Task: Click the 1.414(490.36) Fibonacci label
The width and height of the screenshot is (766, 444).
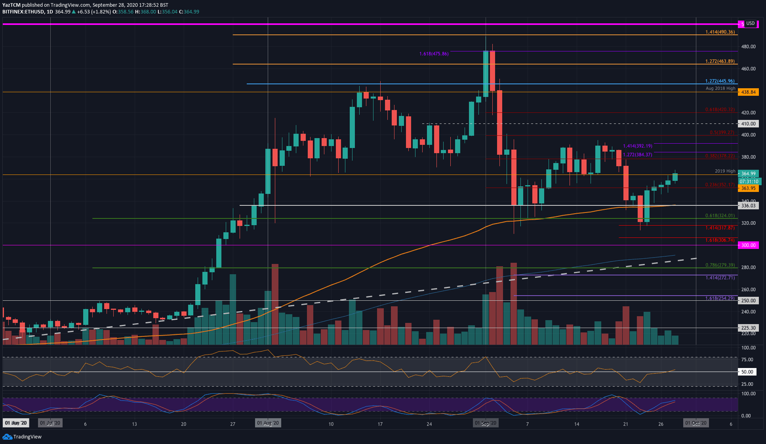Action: click(x=720, y=32)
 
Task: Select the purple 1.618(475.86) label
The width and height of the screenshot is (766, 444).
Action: click(x=434, y=54)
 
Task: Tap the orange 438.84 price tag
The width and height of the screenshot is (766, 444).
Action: click(x=748, y=92)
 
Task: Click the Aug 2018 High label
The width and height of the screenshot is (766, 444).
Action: click(x=720, y=88)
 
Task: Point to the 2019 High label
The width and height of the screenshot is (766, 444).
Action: click(x=725, y=171)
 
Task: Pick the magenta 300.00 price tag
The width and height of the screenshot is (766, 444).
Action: click(x=748, y=245)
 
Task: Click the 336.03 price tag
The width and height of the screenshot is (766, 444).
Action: click(x=748, y=205)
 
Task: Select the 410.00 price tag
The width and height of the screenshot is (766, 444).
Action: click(x=748, y=124)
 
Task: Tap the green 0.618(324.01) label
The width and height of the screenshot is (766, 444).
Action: click(x=720, y=216)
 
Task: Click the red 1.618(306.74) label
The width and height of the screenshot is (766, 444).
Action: click(x=720, y=240)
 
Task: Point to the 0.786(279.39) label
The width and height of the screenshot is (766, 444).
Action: click(x=720, y=265)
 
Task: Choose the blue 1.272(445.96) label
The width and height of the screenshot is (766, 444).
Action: click(x=720, y=81)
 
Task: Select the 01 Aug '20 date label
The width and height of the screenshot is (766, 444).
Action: click(x=268, y=423)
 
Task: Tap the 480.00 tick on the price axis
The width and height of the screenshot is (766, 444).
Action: click(x=748, y=47)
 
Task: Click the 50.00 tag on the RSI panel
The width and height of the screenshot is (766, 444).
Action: click(x=747, y=372)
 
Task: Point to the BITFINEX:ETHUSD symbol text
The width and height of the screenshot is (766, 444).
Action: click(x=23, y=12)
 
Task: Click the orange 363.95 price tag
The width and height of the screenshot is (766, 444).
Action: click(x=748, y=188)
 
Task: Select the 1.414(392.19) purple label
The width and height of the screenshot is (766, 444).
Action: click(x=637, y=146)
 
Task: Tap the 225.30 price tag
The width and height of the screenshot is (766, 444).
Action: click(x=748, y=328)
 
